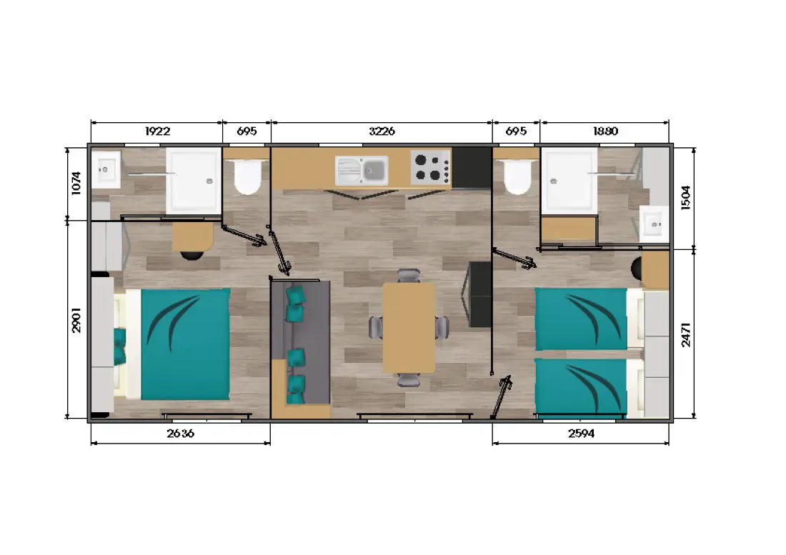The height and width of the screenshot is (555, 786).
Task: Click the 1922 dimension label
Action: click(x=157, y=131)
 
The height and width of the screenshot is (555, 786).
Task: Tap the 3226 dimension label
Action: click(x=382, y=131)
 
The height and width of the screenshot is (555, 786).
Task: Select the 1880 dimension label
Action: click(x=605, y=131)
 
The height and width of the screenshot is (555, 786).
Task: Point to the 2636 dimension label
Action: click(x=181, y=434)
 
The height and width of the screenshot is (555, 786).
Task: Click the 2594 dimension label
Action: click(x=582, y=434)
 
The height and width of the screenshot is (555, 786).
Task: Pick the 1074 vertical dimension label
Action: click(x=76, y=183)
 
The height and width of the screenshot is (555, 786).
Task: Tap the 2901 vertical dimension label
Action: click(x=76, y=320)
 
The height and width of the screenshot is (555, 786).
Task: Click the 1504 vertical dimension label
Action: click(x=686, y=198)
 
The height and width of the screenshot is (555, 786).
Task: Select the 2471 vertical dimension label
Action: click(x=686, y=334)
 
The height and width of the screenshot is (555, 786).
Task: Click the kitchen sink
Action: click(x=362, y=171)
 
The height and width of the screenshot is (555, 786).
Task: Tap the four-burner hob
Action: click(x=431, y=167)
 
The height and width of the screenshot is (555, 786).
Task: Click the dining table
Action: click(x=409, y=328)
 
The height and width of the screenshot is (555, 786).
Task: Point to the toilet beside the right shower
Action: click(x=517, y=176)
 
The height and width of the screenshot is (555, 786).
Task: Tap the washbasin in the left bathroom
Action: click(x=106, y=170)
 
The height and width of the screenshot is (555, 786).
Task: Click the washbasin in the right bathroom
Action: click(x=655, y=224)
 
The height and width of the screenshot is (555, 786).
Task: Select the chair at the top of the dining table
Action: click(x=409, y=276)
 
